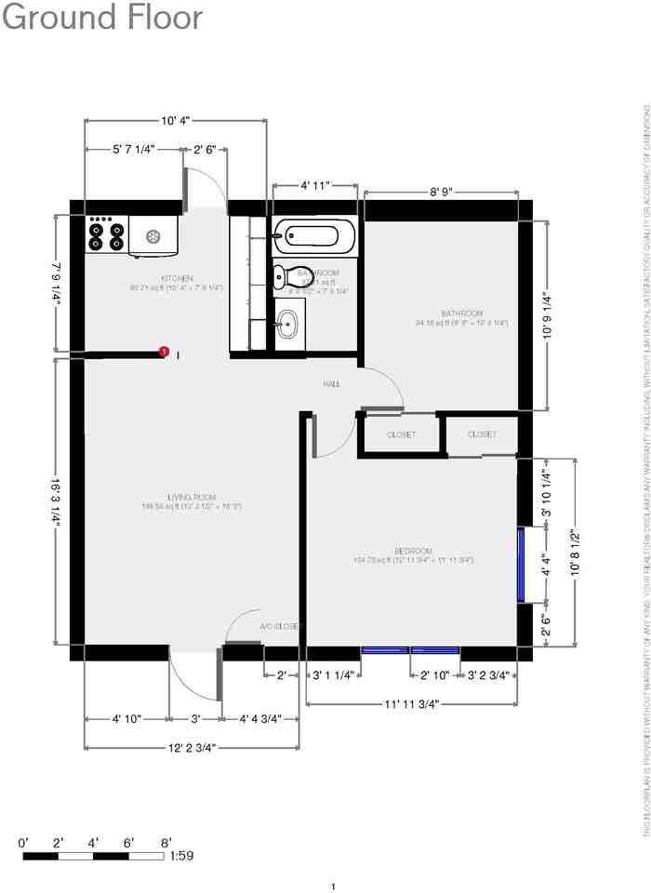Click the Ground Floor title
coord(102,18)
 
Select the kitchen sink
coord(153,236)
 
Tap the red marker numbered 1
coord(164,352)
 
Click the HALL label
coord(331,384)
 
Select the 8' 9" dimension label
coord(441,193)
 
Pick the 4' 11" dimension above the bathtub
coord(314,186)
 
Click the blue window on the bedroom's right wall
coord(522,565)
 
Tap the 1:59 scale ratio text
coord(181,856)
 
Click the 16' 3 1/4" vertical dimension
coord(57,513)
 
